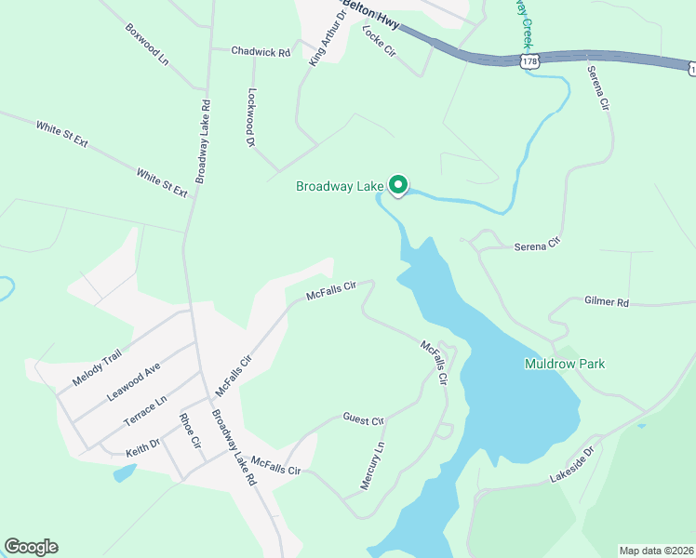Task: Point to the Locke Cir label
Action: (x=379, y=41)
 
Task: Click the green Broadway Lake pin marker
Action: (x=398, y=185)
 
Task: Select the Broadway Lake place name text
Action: (x=339, y=187)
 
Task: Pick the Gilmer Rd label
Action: (x=607, y=303)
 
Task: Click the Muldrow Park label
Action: (x=564, y=364)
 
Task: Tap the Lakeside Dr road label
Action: (x=571, y=465)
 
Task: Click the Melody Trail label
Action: (x=97, y=368)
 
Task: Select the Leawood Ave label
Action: (x=134, y=381)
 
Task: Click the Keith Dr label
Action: (x=143, y=450)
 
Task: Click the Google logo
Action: (x=31, y=547)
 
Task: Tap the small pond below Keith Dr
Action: (x=124, y=472)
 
